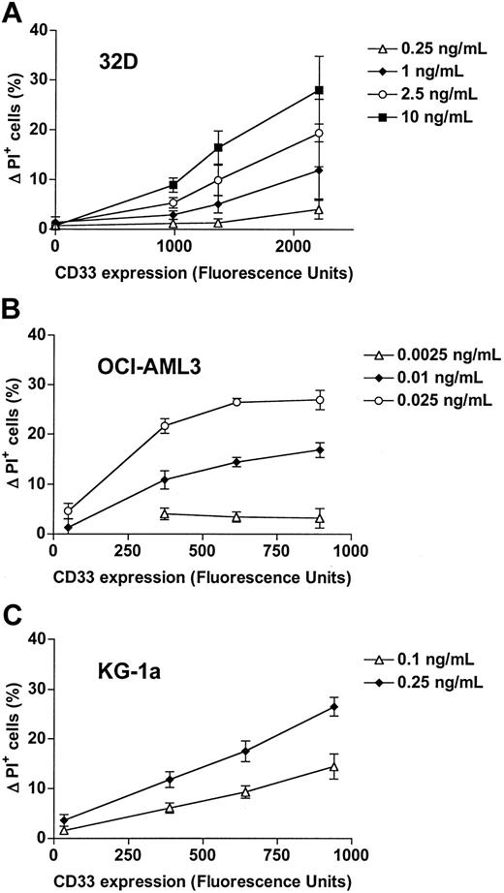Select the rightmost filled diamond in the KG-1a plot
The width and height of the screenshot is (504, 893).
(x=334, y=707)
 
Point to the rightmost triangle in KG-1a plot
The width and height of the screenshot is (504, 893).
(x=334, y=767)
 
